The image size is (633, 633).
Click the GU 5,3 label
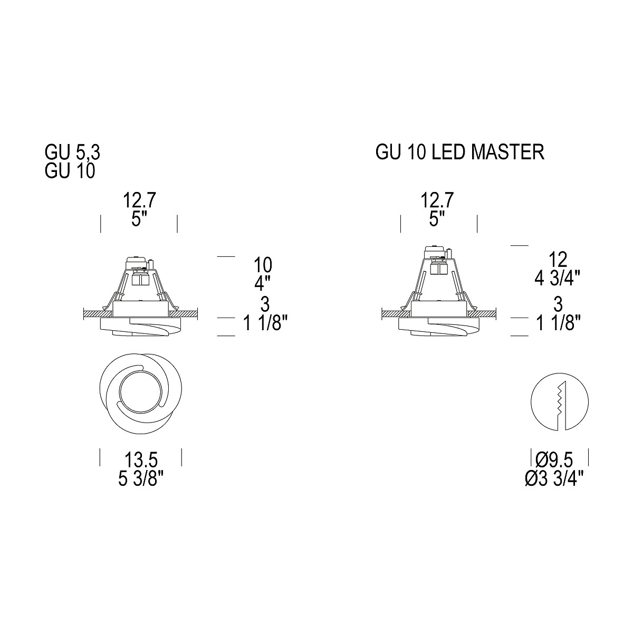point(72,152)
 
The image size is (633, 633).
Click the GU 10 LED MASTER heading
point(460,152)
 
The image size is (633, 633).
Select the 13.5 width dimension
point(141,460)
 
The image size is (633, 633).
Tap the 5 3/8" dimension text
point(141,479)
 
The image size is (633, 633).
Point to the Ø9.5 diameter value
point(554,460)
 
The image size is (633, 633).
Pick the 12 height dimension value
point(558,260)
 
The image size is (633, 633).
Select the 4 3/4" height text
point(558,279)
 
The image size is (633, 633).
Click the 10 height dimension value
point(263,265)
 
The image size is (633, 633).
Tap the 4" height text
point(263,283)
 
